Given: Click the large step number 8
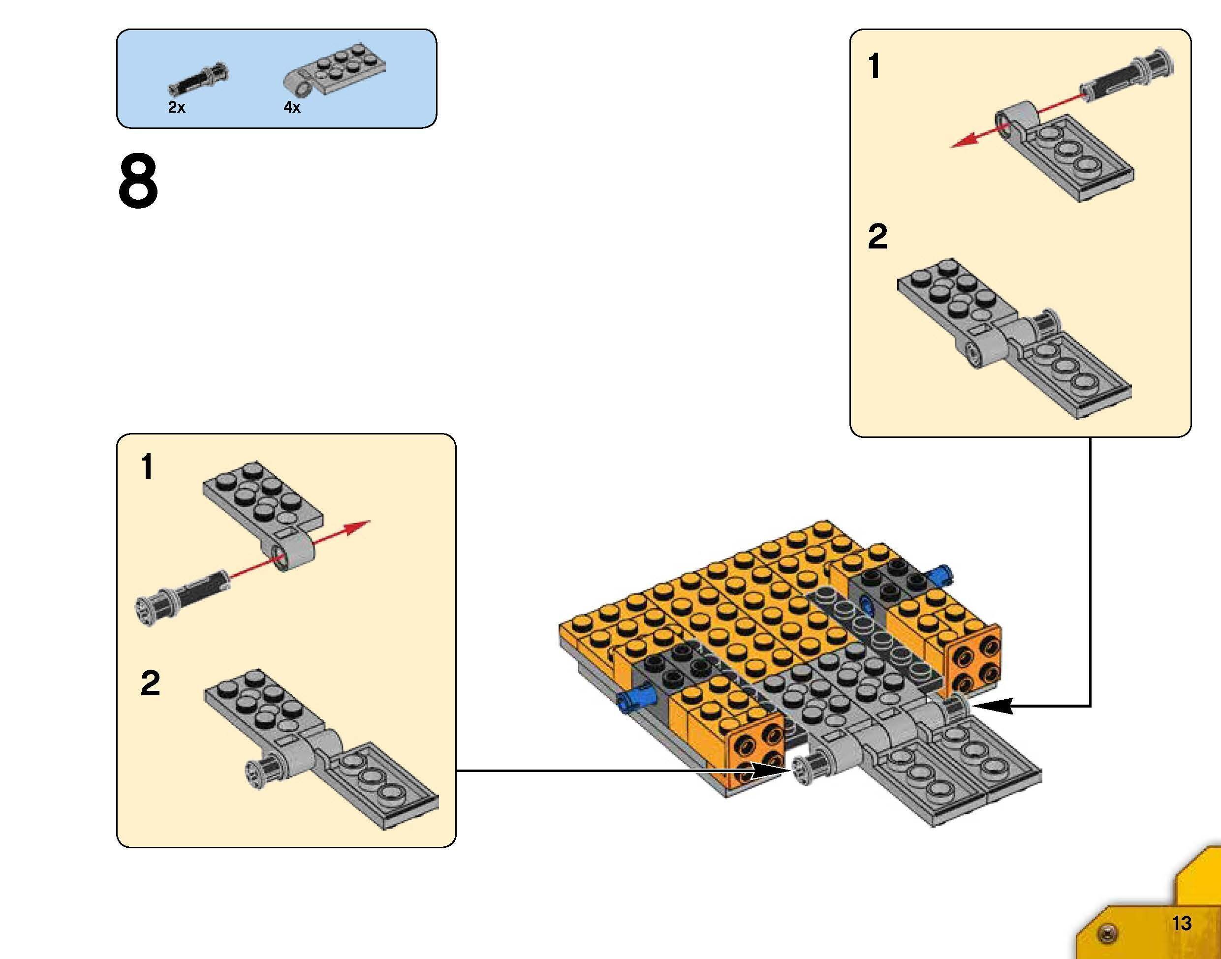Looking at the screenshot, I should click(138, 182).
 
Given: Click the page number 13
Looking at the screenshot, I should click(1181, 923).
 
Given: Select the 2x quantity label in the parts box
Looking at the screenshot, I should click(176, 107).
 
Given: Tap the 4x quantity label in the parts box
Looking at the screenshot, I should click(292, 107).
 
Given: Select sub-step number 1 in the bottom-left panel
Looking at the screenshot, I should click(147, 467).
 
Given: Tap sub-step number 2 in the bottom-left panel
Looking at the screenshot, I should click(150, 683).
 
